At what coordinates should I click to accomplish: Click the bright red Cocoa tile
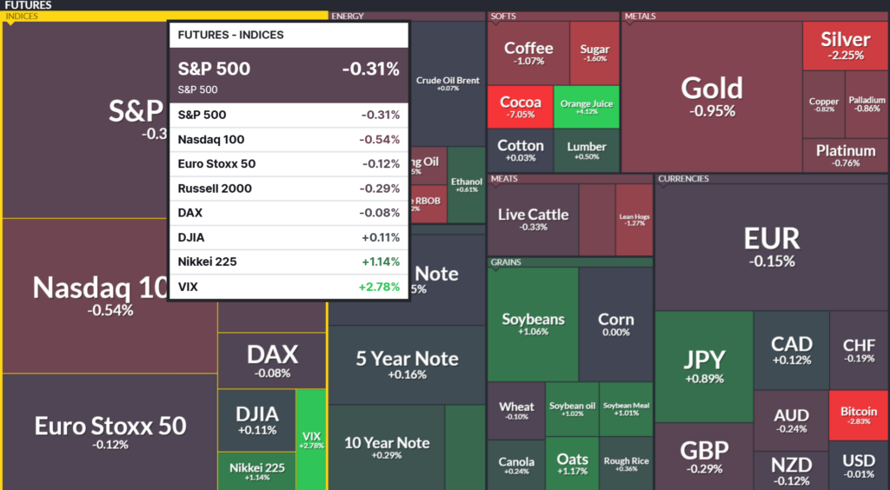(x=520, y=107)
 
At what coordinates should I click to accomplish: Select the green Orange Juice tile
(x=587, y=107)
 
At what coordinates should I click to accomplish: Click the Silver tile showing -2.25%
(x=845, y=45)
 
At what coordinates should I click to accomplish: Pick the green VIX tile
(x=311, y=439)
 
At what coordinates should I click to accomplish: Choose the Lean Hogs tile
(x=634, y=219)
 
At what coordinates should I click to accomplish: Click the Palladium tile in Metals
(x=867, y=104)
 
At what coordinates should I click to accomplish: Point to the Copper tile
(x=823, y=104)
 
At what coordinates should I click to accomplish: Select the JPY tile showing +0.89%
(x=703, y=365)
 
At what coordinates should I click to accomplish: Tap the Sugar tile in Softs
(x=594, y=53)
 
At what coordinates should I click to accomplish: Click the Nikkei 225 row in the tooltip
(x=288, y=262)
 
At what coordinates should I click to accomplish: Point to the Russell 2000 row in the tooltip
(x=288, y=189)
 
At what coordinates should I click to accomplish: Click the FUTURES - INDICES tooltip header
(x=288, y=35)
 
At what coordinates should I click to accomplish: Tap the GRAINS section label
(x=506, y=262)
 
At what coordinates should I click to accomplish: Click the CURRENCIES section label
(x=683, y=179)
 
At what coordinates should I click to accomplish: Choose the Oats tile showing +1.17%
(x=572, y=464)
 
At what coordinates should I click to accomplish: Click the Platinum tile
(x=845, y=155)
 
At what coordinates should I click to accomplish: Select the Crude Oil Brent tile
(x=448, y=83)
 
